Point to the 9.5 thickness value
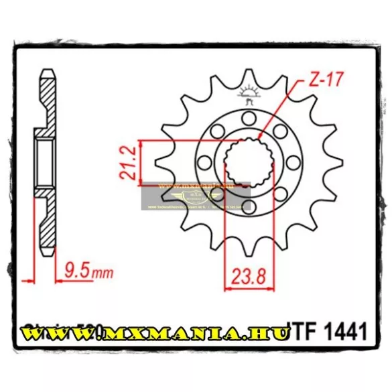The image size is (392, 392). (78, 272)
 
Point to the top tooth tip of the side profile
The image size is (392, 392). (46, 73)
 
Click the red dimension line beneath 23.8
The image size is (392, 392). (248, 289)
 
